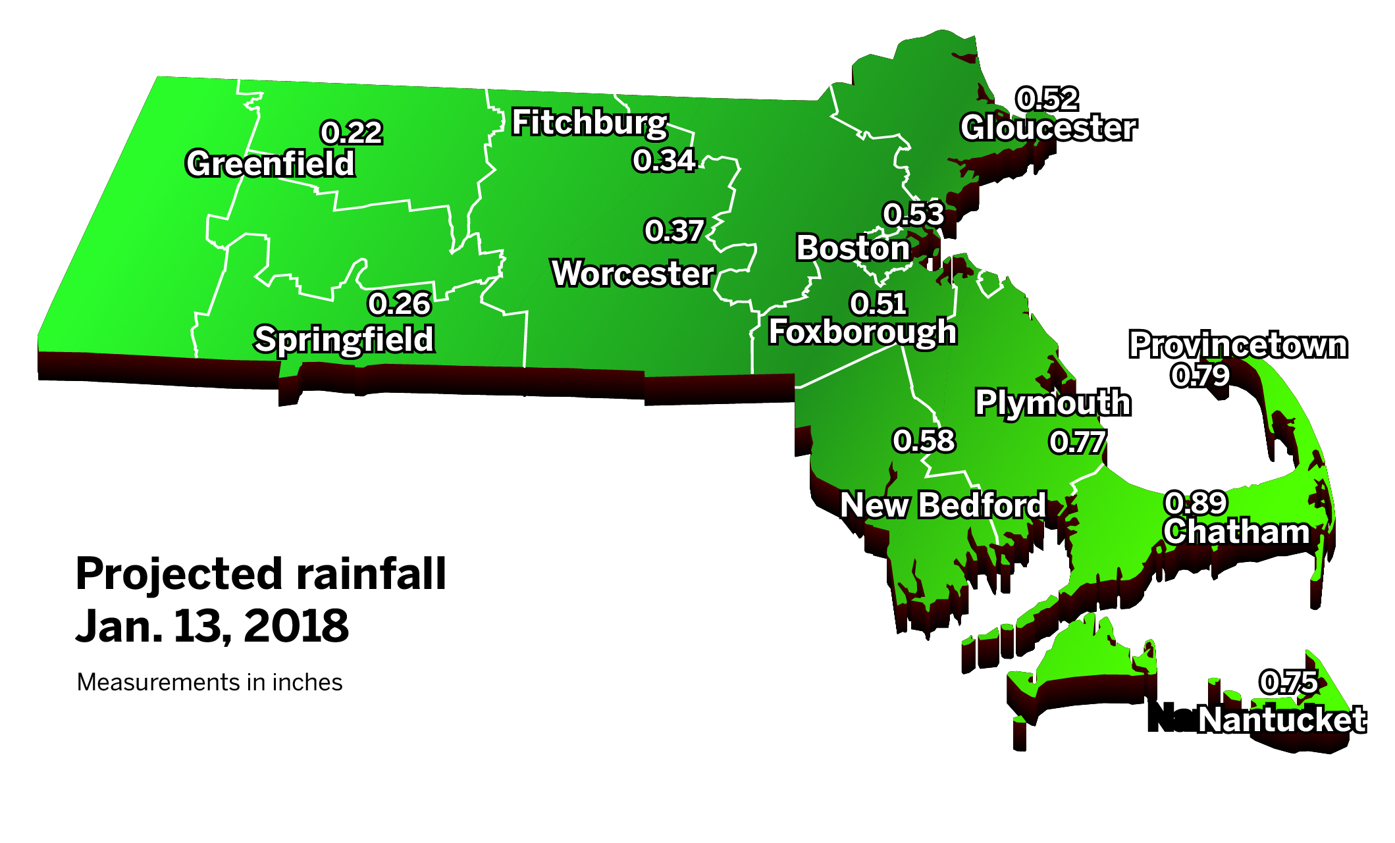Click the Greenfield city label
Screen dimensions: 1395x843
270,163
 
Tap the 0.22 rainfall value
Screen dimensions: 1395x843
351,133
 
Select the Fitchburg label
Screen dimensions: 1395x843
590,122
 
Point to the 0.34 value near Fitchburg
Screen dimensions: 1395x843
664,161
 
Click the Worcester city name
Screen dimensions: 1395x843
633,273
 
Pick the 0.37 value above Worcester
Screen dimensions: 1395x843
674,231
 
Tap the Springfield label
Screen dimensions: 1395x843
344,340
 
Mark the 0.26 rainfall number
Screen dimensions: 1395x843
399,304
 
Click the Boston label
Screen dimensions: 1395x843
853,248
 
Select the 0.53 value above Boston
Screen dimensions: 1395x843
913,215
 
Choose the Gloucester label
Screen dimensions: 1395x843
1048,128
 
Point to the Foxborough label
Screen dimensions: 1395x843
862,331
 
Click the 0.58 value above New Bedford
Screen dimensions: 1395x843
923,441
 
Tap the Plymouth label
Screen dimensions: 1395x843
1053,402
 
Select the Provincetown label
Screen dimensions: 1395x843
1238,345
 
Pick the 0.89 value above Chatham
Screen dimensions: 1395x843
1196,503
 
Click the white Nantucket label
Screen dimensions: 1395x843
1281,719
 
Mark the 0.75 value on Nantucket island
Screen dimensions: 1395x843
1288,682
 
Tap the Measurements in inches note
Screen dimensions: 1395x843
209,682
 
